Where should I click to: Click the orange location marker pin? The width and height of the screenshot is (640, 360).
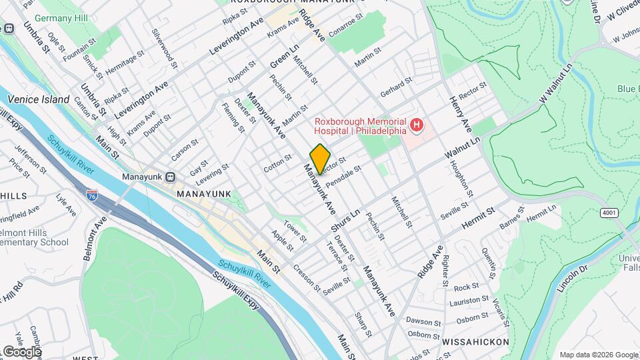[320, 159]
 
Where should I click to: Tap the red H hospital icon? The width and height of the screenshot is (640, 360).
[417, 124]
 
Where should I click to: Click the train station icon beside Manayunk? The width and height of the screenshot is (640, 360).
[170, 177]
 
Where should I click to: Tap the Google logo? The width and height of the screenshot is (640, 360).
[21, 351]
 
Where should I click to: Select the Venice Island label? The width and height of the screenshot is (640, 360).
[38, 99]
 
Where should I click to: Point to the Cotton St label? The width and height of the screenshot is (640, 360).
[277, 164]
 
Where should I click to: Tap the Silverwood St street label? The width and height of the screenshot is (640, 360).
[164, 49]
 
